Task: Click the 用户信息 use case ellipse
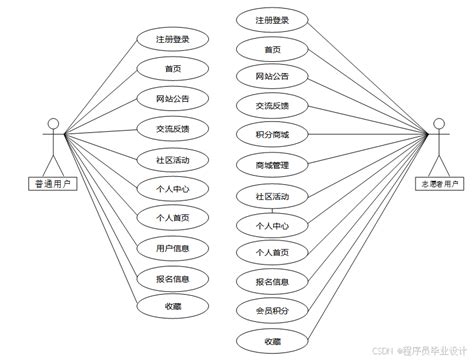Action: (172, 247)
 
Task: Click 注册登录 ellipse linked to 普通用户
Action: (172, 40)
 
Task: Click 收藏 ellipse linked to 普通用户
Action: (172, 306)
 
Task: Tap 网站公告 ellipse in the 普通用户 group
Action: (172, 99)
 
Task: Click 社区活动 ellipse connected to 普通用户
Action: (172, 158)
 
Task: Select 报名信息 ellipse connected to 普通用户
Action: (172, 277)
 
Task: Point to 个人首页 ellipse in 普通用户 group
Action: (172, 217)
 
